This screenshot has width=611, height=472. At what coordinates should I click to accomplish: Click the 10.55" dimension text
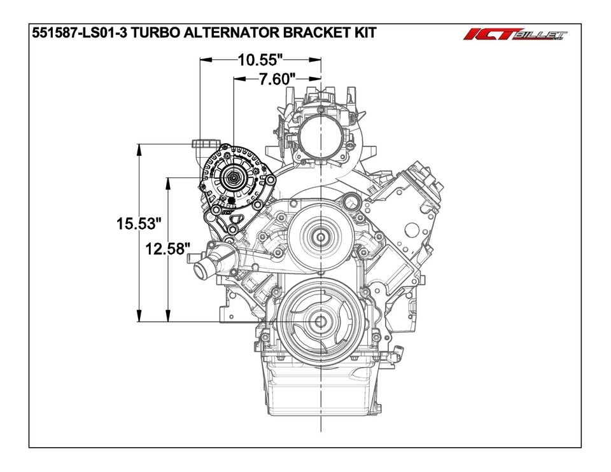[260, 60]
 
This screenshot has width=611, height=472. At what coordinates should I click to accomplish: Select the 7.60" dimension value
[277, 80]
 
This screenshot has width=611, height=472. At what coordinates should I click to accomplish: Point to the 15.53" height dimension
[138, 224]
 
